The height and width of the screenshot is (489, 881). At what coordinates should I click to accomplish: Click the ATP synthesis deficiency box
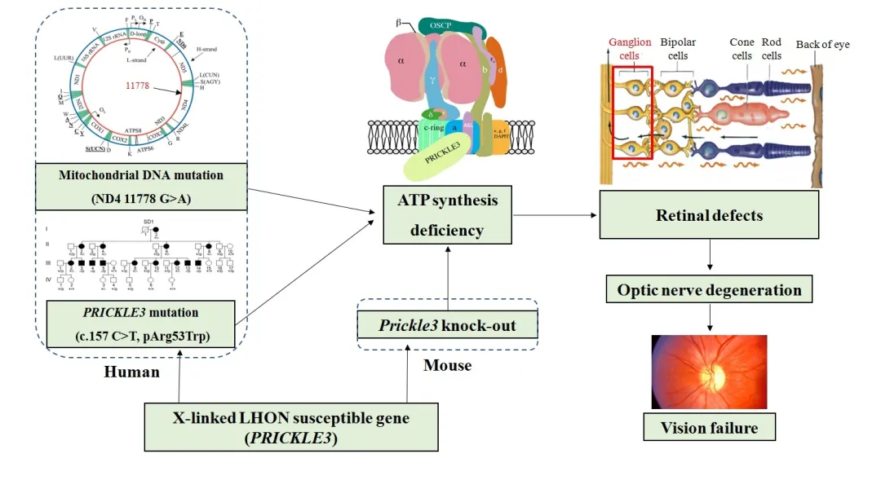tap(448, 215)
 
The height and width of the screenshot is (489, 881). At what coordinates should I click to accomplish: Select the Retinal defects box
tap(709, 215)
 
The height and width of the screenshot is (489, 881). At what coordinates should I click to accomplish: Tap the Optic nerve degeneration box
tap(709, 290)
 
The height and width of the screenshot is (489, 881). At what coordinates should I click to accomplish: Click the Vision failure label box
tap(709, 427)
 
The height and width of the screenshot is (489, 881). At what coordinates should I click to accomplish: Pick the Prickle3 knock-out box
tap(448, 326)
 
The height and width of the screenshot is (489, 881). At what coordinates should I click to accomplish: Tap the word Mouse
tap(447, 365)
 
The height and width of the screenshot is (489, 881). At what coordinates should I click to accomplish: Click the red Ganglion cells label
tap(631, 49)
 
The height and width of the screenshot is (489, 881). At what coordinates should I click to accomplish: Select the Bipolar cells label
tap(678, 49)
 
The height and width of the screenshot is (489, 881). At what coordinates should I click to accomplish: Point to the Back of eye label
tap(822, 44)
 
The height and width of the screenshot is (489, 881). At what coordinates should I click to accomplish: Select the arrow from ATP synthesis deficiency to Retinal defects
tap(555, 216)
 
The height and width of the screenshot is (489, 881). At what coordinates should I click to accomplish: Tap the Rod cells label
tap(771, 49)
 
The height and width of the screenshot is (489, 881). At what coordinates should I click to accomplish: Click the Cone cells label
tap(741, 49)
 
